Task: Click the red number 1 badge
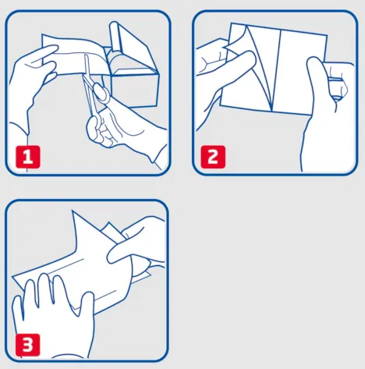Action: click(28, 157)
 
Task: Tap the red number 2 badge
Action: click(213, 157)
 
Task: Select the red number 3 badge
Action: click(28, 345)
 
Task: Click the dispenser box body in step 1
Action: click(134, 88)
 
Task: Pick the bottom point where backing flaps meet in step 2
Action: click(271, 111)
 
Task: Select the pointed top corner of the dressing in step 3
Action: click(73, 211)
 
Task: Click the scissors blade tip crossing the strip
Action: click(86, 55)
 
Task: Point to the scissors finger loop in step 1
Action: click(101, 92)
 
